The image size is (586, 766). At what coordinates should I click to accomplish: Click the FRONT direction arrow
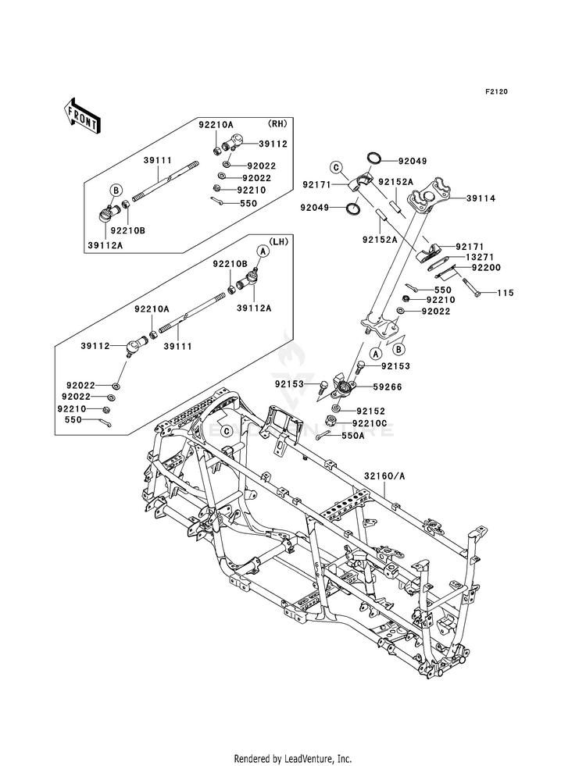pos(81,115)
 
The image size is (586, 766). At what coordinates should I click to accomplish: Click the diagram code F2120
pos(497,92)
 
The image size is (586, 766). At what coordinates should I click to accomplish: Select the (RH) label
pos(277,123)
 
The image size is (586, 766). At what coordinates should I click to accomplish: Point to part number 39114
pos(481,198)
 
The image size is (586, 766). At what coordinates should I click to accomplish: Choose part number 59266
pos(387,387)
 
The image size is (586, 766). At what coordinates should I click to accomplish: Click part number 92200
pos(486,268)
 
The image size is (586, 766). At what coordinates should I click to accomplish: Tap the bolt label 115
pos(506,293)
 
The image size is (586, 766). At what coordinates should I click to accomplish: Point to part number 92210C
pos(375,423)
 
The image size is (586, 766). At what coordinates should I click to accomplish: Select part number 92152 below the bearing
pos(371,412)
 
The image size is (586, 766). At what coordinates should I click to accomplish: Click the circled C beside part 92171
pos(336,168)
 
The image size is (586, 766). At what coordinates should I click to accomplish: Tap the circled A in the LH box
pos(263,251)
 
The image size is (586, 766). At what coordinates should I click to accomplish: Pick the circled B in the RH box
pos(116,190)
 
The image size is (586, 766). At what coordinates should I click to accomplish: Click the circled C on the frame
pos(227,431)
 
